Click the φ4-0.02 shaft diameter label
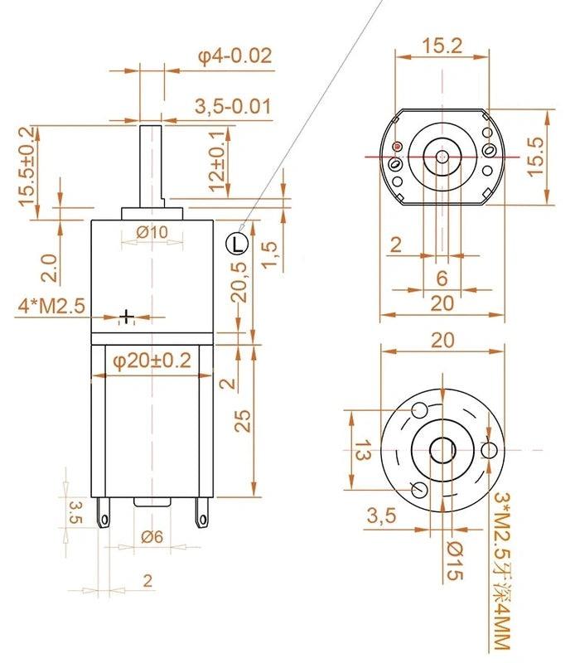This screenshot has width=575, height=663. coord(234,56)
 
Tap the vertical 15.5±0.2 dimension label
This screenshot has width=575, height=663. coord(27,167)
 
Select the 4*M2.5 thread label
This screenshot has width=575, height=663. coord(51,306)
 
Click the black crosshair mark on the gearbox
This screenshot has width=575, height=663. coord(126,316)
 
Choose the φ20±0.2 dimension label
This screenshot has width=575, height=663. coord(152,361)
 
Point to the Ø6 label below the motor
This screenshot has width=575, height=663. coord(152,537)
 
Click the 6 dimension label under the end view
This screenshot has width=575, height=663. coord(442,278)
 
